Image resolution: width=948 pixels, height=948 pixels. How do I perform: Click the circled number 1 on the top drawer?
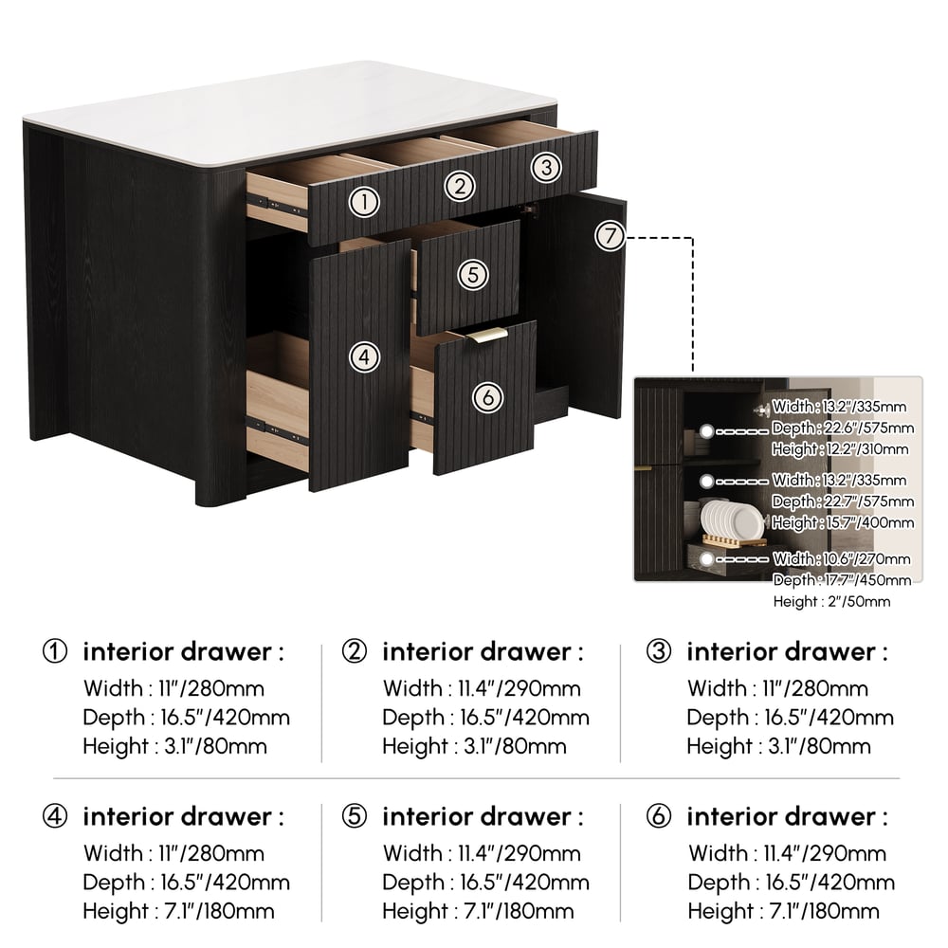pos(364,202)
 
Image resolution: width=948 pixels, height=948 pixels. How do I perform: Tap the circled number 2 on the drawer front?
pos(460,186)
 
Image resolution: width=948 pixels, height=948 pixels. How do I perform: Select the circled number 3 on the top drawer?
pos(547,168)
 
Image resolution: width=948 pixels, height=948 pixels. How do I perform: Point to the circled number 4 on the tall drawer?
pos(364,357)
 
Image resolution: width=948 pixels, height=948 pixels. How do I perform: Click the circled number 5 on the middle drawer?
pos(473,275)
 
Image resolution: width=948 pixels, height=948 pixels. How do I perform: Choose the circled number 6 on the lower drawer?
pos(487,397)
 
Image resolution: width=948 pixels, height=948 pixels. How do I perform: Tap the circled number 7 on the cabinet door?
pos(609,236)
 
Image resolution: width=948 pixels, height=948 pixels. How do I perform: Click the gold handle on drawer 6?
pos(487,336)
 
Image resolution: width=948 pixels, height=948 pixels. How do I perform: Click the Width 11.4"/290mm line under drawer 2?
pos(482,688)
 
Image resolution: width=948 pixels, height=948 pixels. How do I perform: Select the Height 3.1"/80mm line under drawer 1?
pos(174,746)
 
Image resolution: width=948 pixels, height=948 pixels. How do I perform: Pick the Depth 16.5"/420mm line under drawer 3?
pos(791,717)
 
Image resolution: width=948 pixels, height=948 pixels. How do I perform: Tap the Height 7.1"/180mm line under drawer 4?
pos(178,911)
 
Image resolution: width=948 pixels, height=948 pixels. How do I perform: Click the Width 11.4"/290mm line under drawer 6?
pos(787,853)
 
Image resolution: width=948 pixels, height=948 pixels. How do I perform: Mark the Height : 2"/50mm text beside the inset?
pos(831,602)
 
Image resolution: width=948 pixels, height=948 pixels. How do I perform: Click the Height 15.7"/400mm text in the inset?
pos(843,522)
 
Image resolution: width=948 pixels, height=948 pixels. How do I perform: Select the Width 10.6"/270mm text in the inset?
pos(841,558)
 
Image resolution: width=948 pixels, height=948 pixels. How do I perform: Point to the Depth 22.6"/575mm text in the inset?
pos(843,428)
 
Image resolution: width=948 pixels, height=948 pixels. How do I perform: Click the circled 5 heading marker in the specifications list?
pos(355,816)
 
